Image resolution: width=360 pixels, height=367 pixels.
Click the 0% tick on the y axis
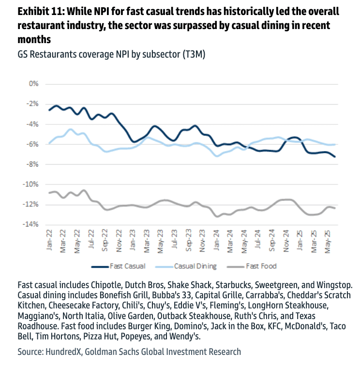(33, 84)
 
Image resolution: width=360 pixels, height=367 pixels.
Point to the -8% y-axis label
(32, 164)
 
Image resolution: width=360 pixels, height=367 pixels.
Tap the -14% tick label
(30, 225)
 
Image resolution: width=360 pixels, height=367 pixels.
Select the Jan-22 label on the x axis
(50, 241)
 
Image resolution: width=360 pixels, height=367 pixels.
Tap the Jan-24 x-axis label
(218, 241)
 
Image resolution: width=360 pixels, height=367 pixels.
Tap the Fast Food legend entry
(261, 266)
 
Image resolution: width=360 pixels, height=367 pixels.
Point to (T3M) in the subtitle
(193, 55)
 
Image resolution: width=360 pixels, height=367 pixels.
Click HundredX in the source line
(63, 352)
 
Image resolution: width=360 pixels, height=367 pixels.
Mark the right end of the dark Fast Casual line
(335, 156)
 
